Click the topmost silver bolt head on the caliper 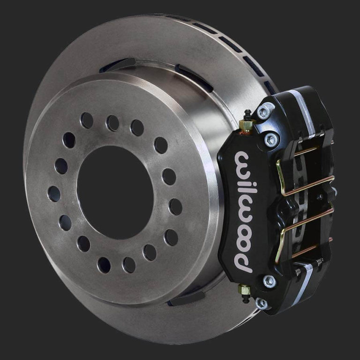(x=263, y=112)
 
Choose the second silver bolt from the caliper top (x=270, y=139)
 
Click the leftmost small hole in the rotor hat (x=54, y=193)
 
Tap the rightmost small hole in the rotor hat (x=175, y=206)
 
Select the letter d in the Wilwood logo (x=242, y=261)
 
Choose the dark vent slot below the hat (x=187, y=298)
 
